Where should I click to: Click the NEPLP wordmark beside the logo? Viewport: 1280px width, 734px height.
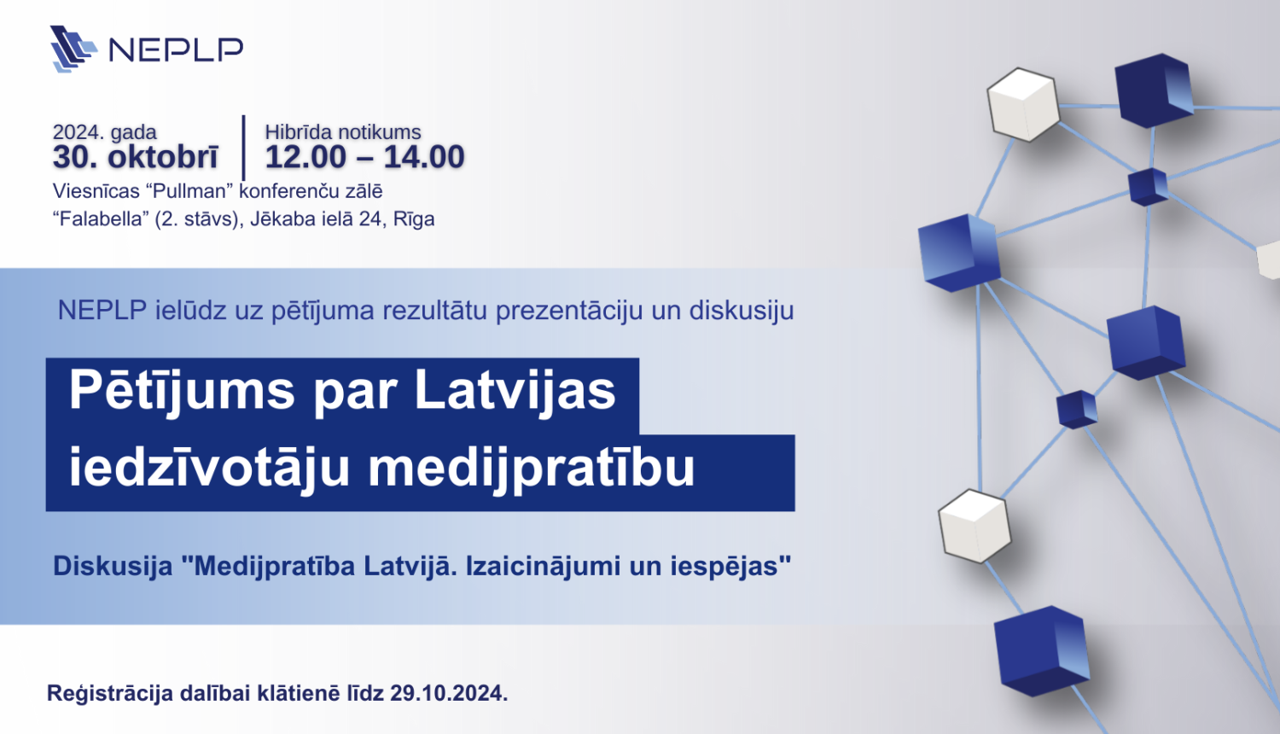pos(176,50)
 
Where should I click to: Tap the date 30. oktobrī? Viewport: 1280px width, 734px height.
pos(136,157)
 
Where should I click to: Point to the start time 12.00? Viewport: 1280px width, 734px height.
pos(305,157)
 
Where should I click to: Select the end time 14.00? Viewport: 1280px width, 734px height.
pos(424,157)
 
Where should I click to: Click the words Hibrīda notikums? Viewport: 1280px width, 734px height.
pos(343,132)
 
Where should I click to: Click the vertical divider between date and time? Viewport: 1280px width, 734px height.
pos(244,147)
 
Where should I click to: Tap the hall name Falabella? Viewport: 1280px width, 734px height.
pos(101,218)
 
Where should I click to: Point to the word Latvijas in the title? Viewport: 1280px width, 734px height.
pos(515,391)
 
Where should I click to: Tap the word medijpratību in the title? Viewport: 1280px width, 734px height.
pos(532,468)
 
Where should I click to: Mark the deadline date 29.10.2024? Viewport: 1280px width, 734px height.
pos(449,693)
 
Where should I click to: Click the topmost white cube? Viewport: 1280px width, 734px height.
pos(1022,104)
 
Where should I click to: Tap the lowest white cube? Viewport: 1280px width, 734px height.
pos(974,525)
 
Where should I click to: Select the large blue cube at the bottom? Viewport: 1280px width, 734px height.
pos(1042,650)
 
